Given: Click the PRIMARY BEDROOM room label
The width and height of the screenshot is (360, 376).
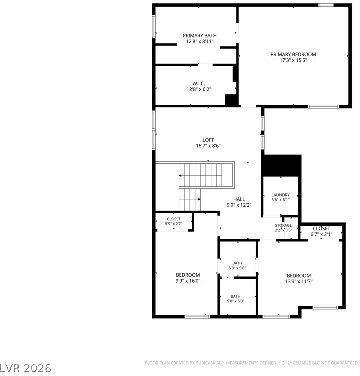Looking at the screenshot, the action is coord(293,54).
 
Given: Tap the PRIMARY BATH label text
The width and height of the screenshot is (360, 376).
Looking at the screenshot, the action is coord(200,36).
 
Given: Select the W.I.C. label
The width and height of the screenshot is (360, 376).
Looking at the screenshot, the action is coord(199,83).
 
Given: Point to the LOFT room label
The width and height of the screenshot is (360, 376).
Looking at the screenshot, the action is coord(208,140).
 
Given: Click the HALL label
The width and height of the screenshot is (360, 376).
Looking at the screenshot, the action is coord(239,199).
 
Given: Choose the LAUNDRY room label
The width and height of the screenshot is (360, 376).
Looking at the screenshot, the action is coord(280,195).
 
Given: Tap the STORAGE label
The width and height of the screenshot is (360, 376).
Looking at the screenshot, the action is coord(283,225).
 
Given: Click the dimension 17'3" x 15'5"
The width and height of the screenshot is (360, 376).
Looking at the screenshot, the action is coord(293,60).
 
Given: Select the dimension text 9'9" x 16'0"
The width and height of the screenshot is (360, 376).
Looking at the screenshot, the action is coord(188,281).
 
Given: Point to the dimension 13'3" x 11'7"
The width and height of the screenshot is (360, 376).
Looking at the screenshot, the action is coord(299,282).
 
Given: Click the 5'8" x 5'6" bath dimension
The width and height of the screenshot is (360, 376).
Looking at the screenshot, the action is coord(237,268).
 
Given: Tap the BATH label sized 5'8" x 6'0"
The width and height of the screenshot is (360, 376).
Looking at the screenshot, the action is coord(236,296).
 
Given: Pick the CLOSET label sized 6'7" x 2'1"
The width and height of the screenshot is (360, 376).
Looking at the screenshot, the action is coord(321,229).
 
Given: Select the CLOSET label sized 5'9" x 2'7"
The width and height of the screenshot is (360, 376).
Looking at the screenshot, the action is coord(174,219).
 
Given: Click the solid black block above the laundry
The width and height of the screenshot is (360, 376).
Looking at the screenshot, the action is coord(282,166).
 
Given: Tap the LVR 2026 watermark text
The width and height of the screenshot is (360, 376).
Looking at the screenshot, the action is coord(25,368).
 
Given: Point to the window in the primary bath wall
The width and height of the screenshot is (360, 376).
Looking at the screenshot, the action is coord(154,26).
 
